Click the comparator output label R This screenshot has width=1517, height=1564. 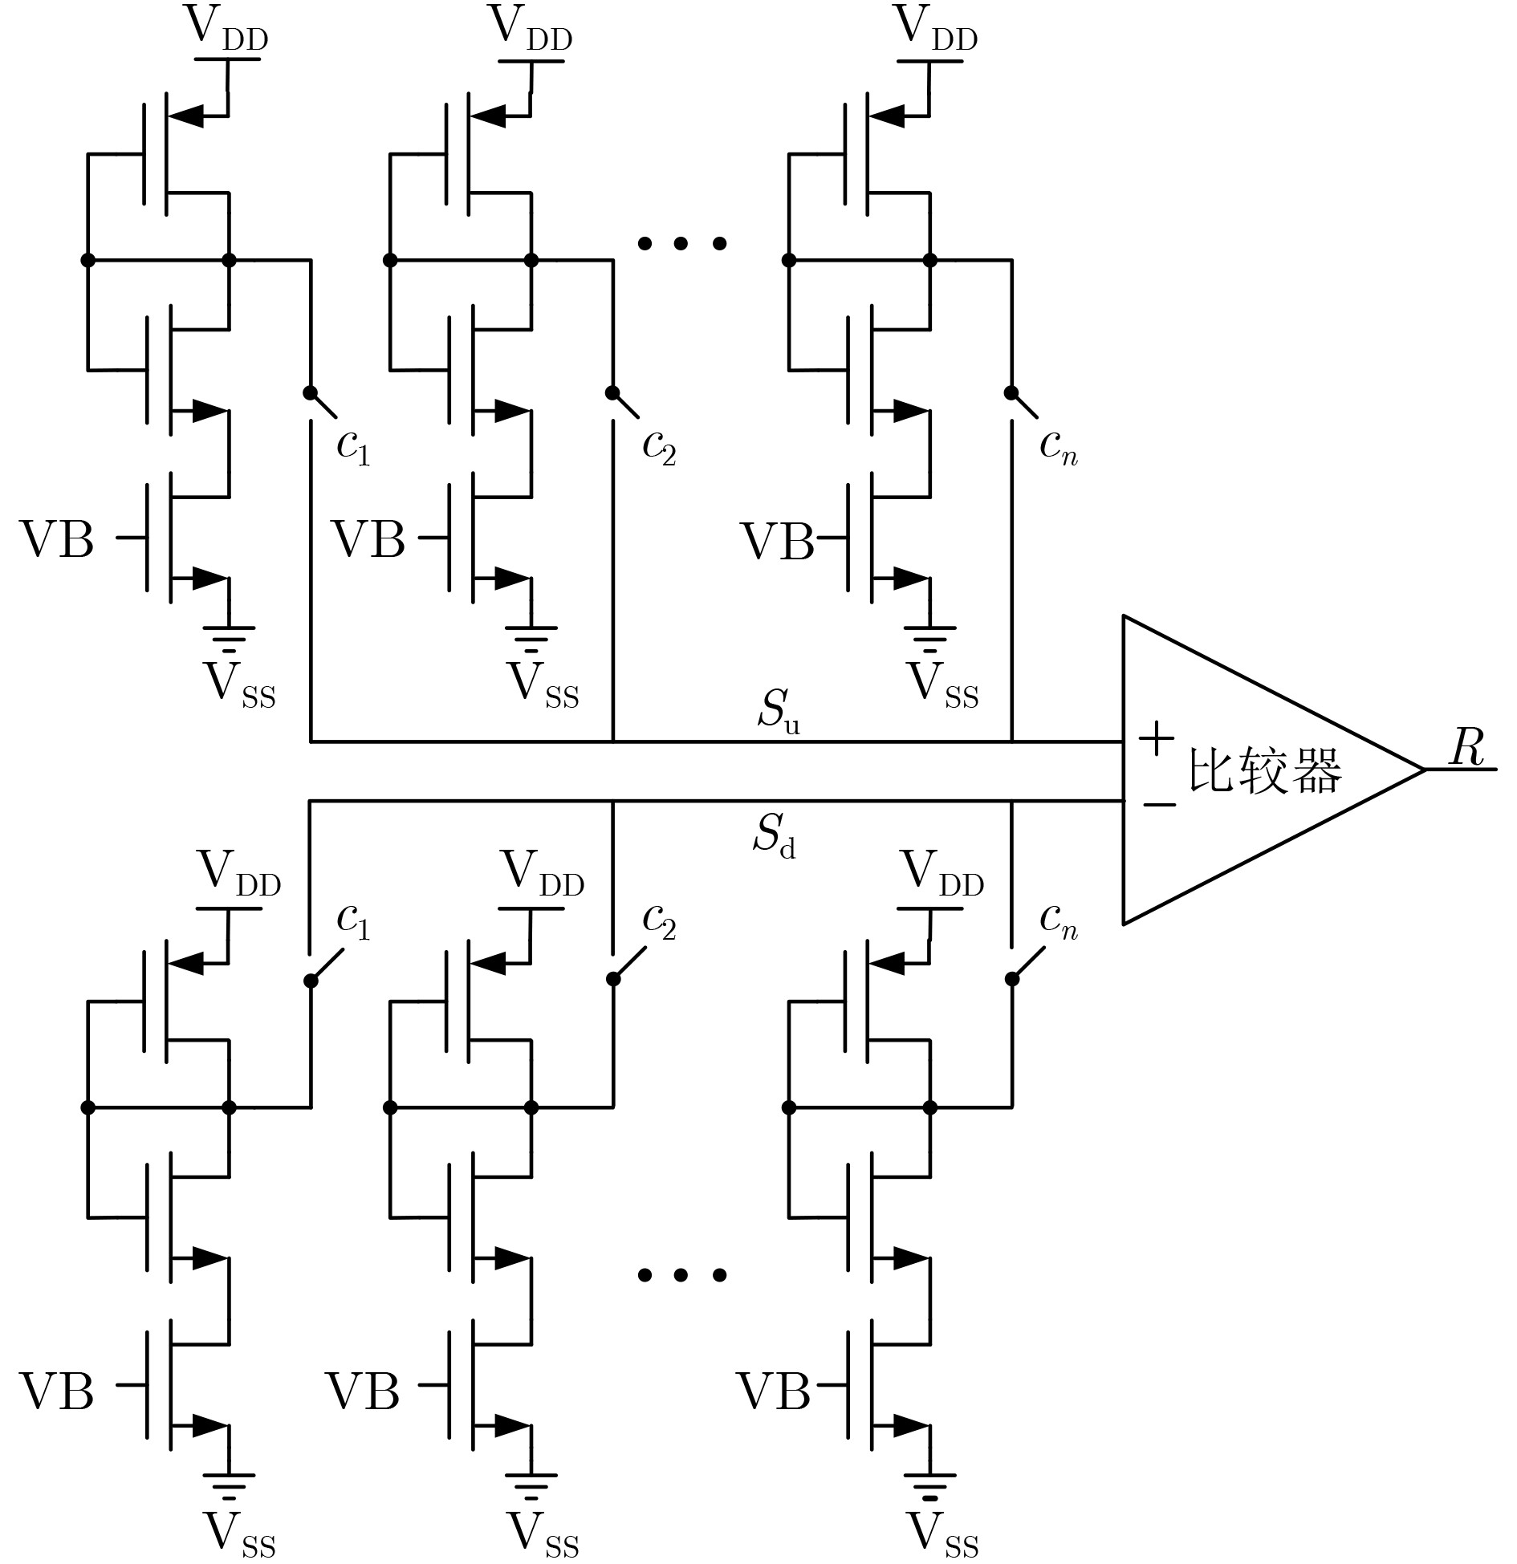pos(1466,749)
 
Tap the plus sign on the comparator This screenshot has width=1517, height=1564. pos(1157,737)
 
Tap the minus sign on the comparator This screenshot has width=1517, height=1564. pos(1158,803)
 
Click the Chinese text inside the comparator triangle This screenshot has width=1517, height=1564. pos(1265,770)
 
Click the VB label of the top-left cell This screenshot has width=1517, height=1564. pos(56,538)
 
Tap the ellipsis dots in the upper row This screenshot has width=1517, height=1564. pos(681,242)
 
